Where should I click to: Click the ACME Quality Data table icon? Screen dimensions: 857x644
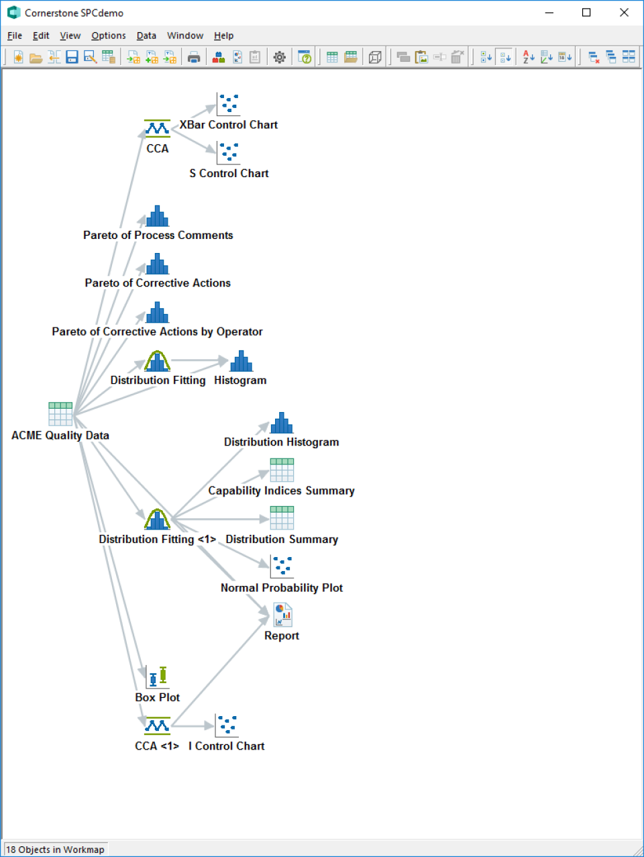pos(60,414)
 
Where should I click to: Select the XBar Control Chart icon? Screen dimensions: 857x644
pos(228,104)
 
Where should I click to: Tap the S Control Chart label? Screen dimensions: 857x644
pos(229,173)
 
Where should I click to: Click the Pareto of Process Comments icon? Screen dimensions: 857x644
pos(158,216)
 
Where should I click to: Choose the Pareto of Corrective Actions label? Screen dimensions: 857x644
pos(158,283)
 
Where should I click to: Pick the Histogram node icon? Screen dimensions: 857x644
pos(241,361)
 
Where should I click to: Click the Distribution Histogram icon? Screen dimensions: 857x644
pos(282,423)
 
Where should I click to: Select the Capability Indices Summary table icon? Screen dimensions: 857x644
pos(282,470)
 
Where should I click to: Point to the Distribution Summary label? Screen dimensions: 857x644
pos(282,540)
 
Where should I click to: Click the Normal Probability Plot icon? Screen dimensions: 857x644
pos(282,566)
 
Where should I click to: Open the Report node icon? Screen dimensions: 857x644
pos(282,615)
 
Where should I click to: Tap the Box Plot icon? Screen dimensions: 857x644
pos(158,676)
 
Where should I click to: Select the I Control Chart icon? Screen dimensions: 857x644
pos(227,725)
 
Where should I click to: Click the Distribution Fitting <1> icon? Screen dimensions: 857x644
pos(157,519)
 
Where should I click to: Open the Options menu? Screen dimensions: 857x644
pos(109,36)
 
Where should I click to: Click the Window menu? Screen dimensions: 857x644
pos(185,36)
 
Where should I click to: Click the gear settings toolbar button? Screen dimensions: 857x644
pos(280,58)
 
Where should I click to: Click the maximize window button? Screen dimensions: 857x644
pos(586,13)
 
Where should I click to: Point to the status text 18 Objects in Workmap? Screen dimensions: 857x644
pos(55,850)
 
